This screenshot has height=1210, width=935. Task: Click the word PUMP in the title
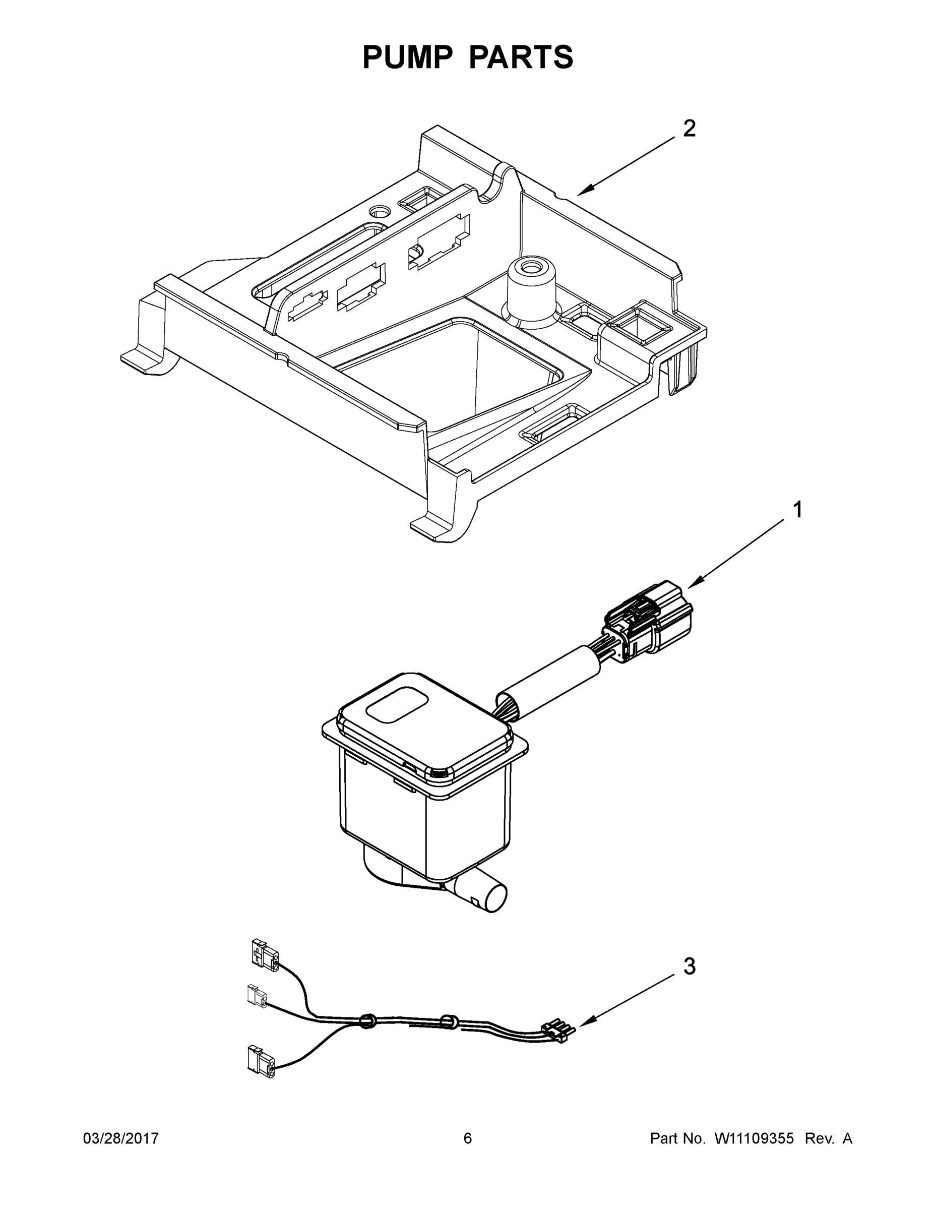(x=407, y=57)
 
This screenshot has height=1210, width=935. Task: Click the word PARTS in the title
(x=522, y=57)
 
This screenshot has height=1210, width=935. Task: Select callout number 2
(x=689, y=129)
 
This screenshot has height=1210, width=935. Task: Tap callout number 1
(x=797, y=510)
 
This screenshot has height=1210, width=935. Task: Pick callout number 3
(x=689, y=967)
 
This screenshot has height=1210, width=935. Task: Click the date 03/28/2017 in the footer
(x=121, y=1138)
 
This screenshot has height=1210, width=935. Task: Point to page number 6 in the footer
(x=468, y=1138)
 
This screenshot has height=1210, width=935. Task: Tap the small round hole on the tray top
(x=380, y=212)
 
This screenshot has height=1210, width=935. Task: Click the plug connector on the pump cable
(x=651, y=623)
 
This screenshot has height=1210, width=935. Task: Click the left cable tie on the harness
(x=366, y=1021)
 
